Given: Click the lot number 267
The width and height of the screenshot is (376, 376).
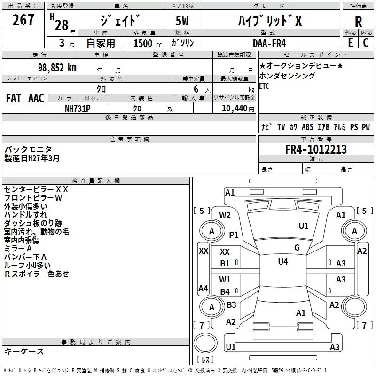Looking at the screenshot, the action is click(x=23, y=20).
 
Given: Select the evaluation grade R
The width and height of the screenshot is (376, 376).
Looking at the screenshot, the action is click(x=358, y=22).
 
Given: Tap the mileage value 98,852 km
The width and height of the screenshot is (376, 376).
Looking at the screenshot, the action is click(x=57, y=68).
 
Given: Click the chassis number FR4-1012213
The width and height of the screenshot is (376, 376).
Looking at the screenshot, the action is click(x=316, y=149).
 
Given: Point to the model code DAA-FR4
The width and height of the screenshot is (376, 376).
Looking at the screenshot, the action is click(x=269, y=43).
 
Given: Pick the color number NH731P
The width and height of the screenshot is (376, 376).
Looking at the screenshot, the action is click(x=78, y=109).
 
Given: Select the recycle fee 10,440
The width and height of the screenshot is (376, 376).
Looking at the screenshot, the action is click(x=234, y=109).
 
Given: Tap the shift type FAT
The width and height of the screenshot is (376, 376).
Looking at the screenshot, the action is click(x=14, y=98).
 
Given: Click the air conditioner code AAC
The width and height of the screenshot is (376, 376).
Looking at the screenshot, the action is click(x=36, y=98).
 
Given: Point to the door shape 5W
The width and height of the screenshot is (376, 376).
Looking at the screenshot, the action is click(x=182, y=21).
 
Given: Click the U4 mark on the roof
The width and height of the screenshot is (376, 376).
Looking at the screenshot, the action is click(x=283, y=262).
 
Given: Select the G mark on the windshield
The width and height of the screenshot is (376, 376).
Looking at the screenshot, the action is click(x=297, y=248).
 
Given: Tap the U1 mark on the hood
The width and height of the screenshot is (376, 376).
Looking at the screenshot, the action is click(x=304, y=226).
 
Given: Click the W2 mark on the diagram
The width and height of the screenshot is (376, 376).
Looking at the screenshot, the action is click(x=225, y=215).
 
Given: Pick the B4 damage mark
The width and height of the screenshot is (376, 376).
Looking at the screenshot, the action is click(x=225, y=291).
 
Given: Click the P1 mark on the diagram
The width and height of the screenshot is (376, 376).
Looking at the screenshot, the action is click(x=234, y=235).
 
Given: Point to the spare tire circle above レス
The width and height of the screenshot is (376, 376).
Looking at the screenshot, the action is click(x=205, y=343).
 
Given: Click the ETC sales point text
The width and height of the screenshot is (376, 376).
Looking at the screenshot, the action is click(x=264, y=86).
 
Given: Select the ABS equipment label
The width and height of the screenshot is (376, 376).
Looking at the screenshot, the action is click(x=307, y=127).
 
